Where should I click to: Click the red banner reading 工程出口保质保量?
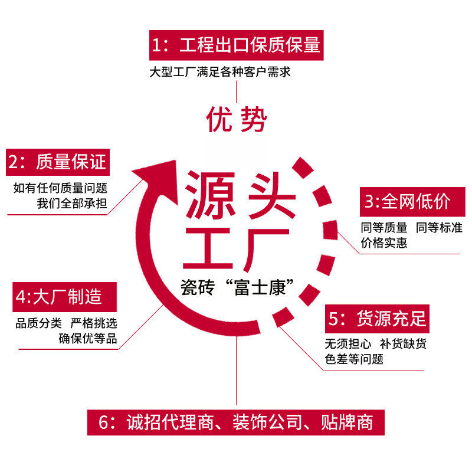click(x=236, y=45)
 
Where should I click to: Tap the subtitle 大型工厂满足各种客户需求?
click(x=220, y=72)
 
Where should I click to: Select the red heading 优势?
click(x=236, y=119)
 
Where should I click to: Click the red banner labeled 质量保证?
click(x=57, y=161)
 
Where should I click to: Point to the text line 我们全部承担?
click(x=72, y=204)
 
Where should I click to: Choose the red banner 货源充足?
click(x=377, y=319)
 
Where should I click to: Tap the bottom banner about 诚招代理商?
click(x=236, y=422)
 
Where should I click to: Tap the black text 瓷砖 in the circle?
click(x=199, y=289)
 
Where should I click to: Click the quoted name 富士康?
click(x=263, y=289)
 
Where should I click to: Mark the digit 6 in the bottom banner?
click(x=105, y=423)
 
